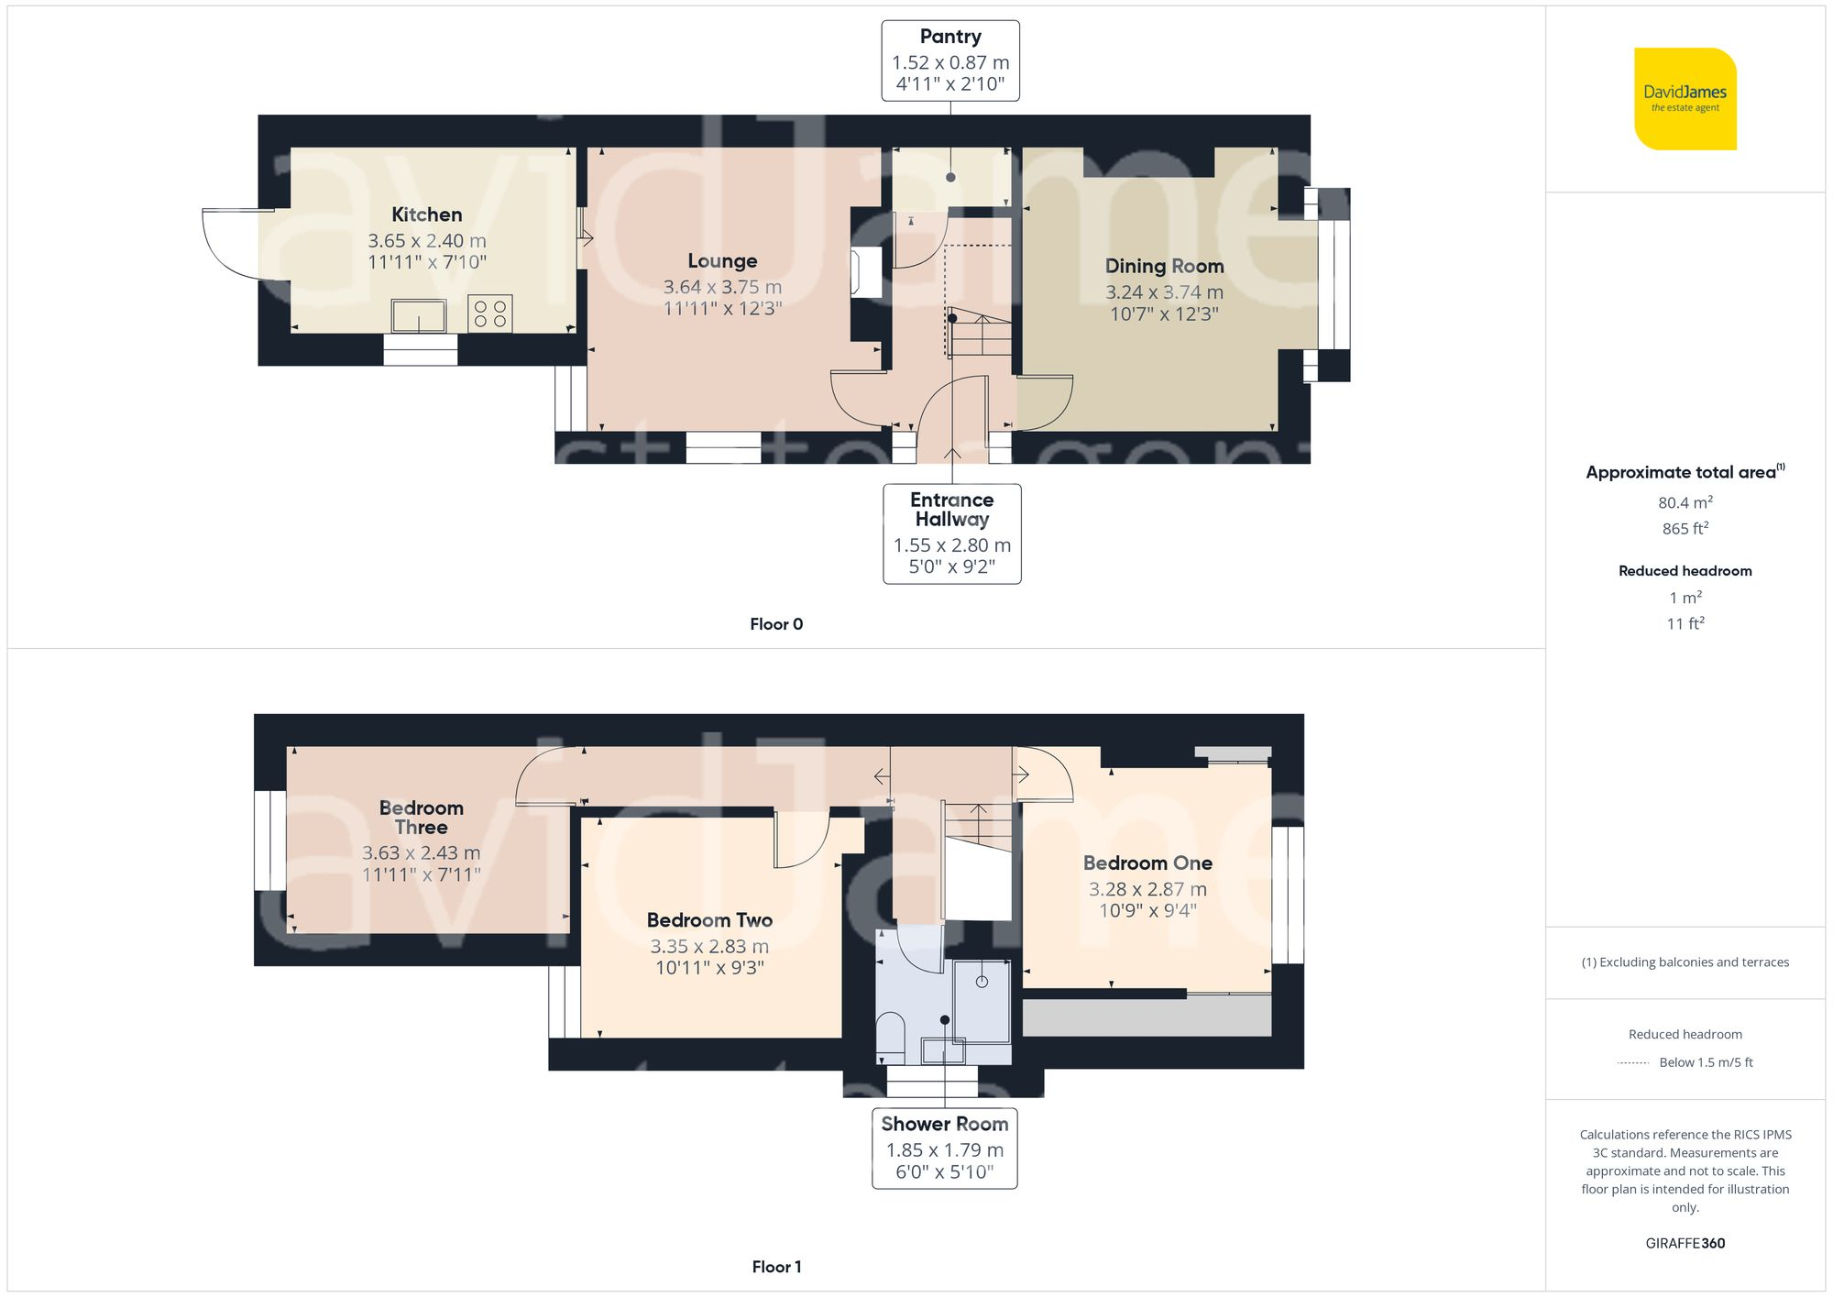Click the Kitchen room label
coord(426,214)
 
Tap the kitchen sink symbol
coord(419,316)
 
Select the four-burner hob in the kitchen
coord(489,313)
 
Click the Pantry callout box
coord(950,60)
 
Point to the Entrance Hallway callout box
coord(951,533)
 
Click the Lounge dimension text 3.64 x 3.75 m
coord(722,287)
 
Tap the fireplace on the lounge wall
coord(866,272)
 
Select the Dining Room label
coord(1164,266)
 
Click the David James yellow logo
coord(1685,99)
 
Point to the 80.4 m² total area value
coord(1685,502)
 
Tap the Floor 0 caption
coord(775,624)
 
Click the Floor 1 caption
coord(775,1267)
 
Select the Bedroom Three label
coord(421,817)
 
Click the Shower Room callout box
coord(944,1149)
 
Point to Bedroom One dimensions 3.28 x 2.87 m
coord(1147,889)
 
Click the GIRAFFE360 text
coord(1685,1244)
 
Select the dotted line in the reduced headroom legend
coord(1633,1063)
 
